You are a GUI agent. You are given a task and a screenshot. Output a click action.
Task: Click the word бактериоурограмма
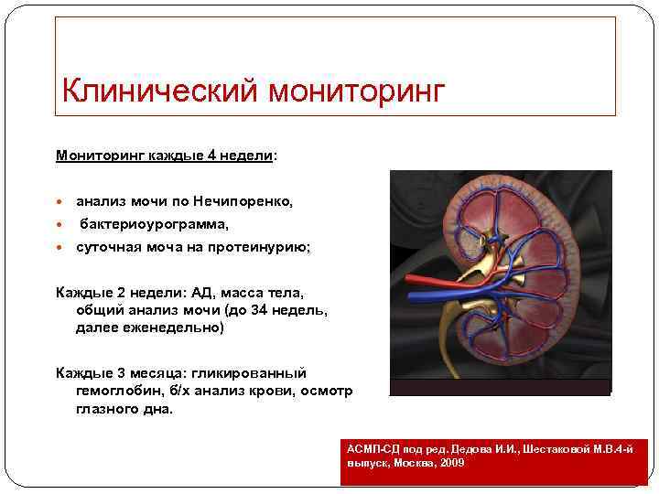tap(155, 223)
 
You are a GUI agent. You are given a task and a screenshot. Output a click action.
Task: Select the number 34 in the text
tap(259, 309)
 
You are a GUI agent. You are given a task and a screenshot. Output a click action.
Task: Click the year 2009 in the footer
tap(450, 464)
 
